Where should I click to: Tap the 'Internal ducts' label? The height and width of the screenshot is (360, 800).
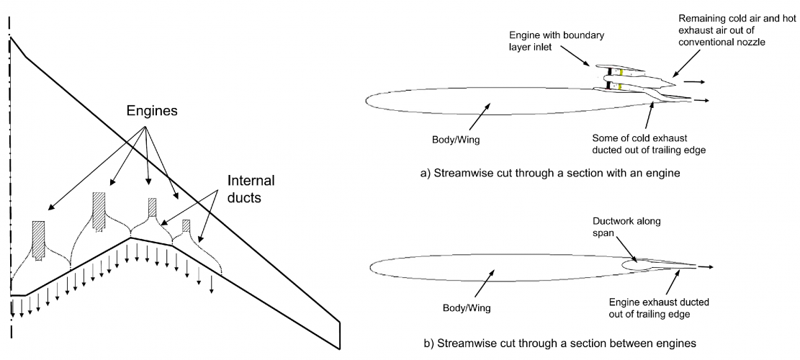tap(251, 189)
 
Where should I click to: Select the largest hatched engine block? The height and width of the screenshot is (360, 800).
tap(99, 212)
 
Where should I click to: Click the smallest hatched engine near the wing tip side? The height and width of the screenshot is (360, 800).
tap(186, 225)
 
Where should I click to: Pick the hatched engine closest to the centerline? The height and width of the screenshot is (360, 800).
tap(39, 240)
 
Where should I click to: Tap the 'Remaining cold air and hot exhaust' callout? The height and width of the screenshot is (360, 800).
tap(737, 30)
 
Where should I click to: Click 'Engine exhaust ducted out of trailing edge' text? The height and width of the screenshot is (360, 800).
tap(658, 308)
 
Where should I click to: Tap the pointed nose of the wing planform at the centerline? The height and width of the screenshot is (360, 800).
tap(10, 37)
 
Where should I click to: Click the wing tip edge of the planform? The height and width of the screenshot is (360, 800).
tap(340, 335)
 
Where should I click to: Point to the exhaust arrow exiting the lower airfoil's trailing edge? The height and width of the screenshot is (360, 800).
tap(705, 266)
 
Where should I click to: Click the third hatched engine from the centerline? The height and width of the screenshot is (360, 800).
tap(152, 207)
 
